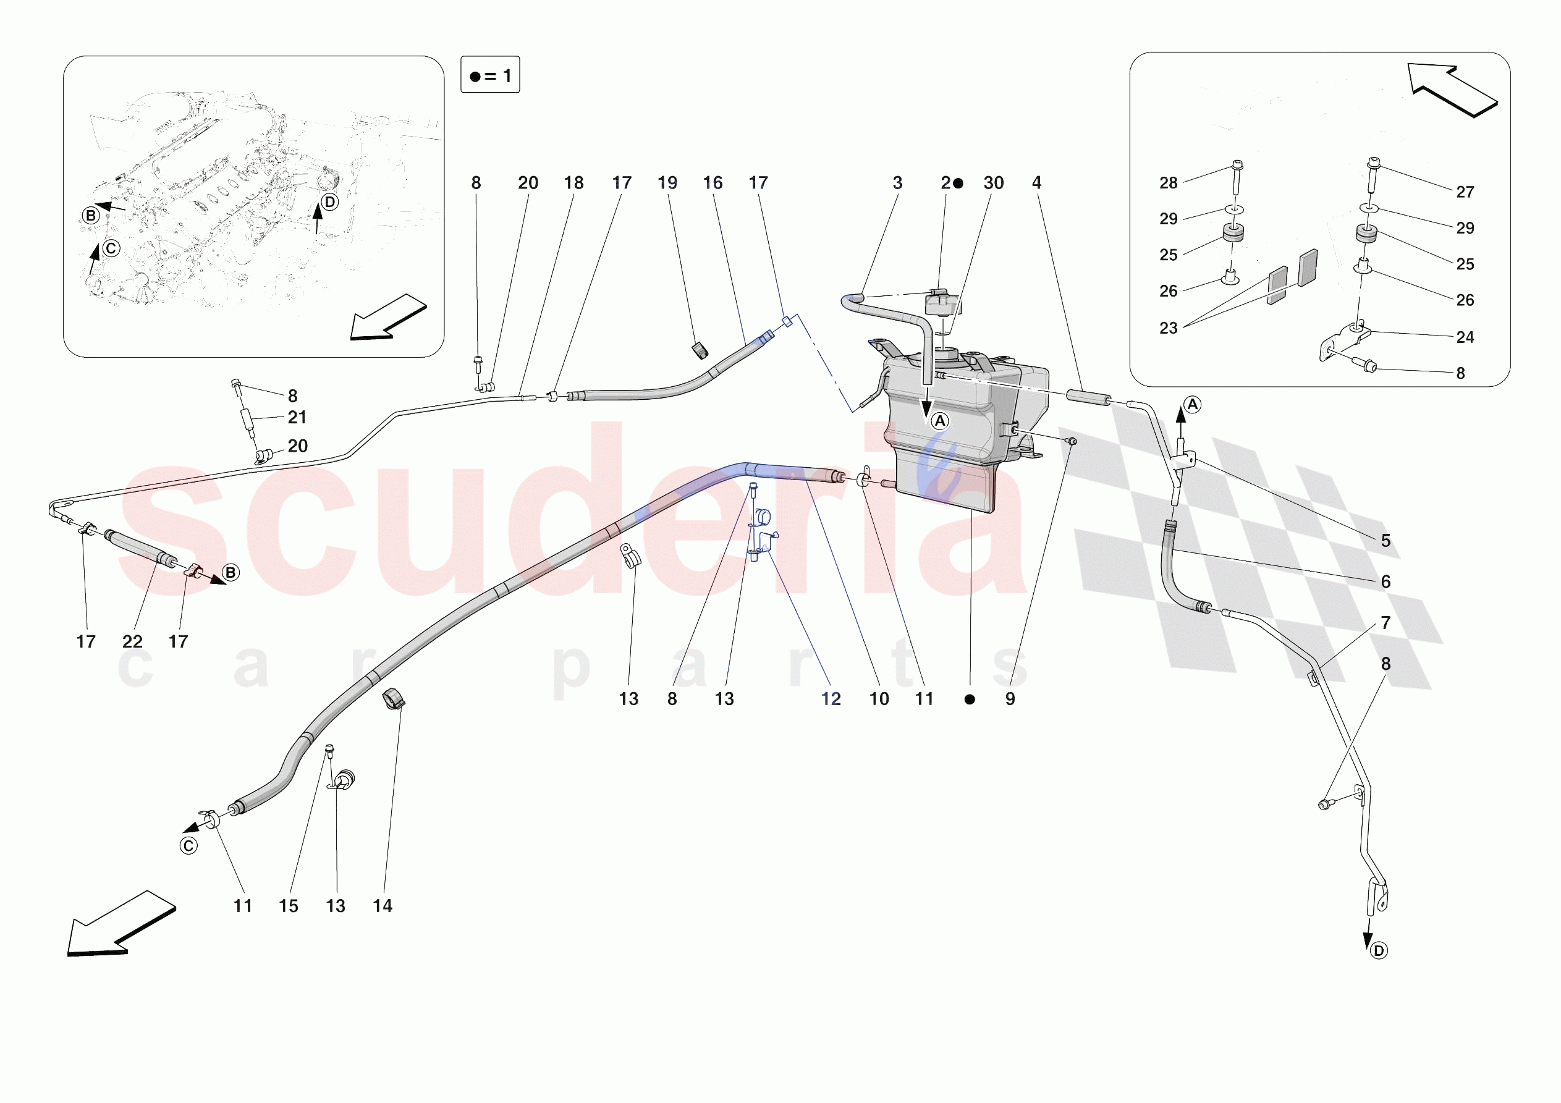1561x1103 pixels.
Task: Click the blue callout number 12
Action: pyautogui.click(x=831, y=698)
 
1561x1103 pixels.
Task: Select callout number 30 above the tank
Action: pyautogui.click(x=993, y=182)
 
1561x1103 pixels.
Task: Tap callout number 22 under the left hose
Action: pyautogui.click(x=133, y=641)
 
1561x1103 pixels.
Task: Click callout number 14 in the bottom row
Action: pyautogui.click(x=382, y=906)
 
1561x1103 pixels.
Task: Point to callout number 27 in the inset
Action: pyautogui.click(x=1465, y=192)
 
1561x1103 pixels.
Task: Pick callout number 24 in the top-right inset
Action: pyautogui.click(x=1465, y=337)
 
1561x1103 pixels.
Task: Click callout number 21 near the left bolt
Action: pyautogui.click(x=297, y=417)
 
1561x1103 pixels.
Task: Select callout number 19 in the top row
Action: pyautogui.click(x=667, y=182)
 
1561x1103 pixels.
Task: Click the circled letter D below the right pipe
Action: pyautogui.click(x=1379, y=950)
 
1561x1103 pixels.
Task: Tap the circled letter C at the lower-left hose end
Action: pyautogui.click(x=188, y=846)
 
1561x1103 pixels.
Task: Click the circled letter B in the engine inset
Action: pyautogui.click(x=90, y=216)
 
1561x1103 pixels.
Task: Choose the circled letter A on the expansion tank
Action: pyautogui.click(x=939, y=421)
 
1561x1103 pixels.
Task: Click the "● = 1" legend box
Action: pyautogui.click(x=490, y=75)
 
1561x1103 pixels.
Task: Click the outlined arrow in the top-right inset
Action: pyautogui.click(x=1453, y=90)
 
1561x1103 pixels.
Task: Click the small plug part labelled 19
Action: pyautogui.click(x=700, y=350)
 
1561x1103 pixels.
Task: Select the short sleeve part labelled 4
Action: pyautogui.click(x=1088, y=397)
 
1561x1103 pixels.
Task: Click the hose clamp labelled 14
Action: pyautogui.click(x=394, y=698)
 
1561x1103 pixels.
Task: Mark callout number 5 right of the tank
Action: pyautogui.click(x=1385, y=541)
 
